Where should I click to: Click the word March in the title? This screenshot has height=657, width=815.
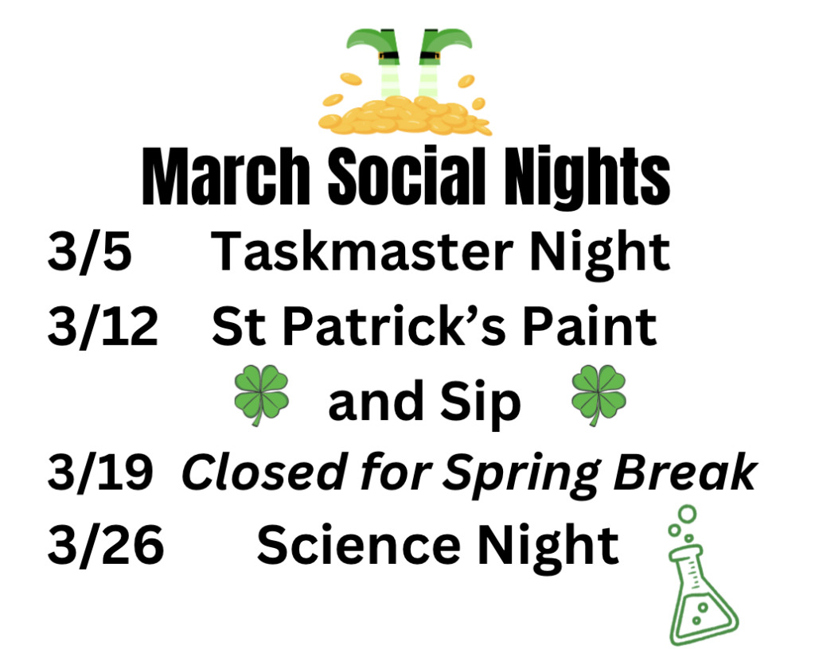pos(226,176)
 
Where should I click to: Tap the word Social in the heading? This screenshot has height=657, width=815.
pos(407,176)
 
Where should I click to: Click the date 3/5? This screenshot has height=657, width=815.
pos(89,251)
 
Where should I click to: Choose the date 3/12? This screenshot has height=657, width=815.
pos(103,326)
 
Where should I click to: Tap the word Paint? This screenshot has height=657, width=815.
pos(590,325)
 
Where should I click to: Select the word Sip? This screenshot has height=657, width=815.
pos(480,403)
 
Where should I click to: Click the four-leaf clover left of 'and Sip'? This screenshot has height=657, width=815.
pos(261,395)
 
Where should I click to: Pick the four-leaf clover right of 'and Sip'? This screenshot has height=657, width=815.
pos(599,395)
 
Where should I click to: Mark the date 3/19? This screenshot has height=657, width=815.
pos(100,472)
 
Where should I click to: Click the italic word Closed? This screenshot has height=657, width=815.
pos(264,472)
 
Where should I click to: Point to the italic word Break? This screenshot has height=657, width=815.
pos(685,472)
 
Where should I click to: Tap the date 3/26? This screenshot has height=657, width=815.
pos(106,545)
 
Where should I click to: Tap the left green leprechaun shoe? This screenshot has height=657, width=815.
pos(373,45)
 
